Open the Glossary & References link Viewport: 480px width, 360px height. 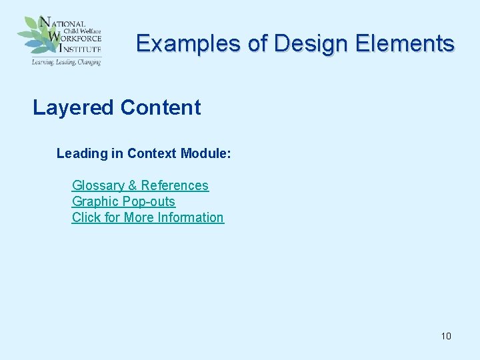tap(140, 186)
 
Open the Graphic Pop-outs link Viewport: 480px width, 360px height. tap(123, 202)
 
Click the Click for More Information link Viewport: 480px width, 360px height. tap(148, 218)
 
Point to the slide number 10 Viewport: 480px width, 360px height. tap(446, 336)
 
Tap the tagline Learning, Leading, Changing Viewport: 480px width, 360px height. tap(66, 62)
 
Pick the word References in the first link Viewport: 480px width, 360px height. tap(175, 186)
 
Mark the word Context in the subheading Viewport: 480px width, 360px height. tap(152, 154)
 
